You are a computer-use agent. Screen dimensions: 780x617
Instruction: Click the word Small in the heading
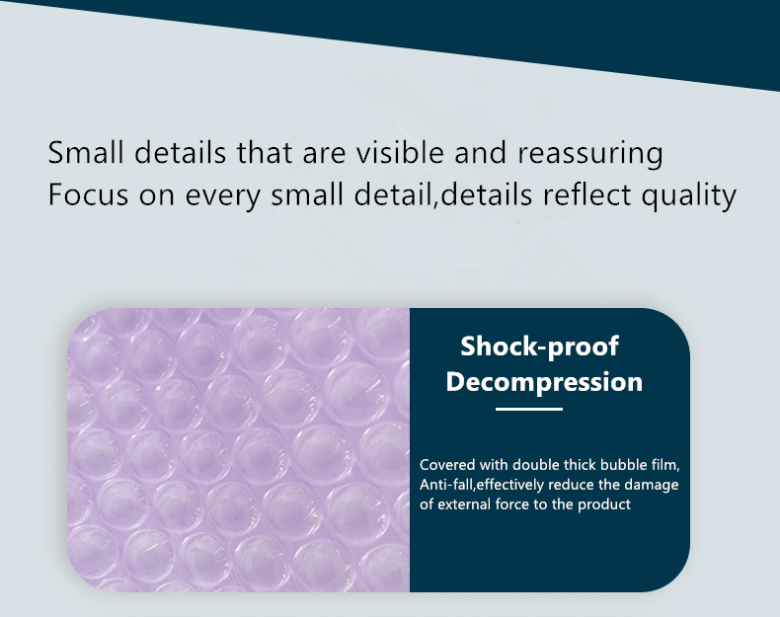(86, 152)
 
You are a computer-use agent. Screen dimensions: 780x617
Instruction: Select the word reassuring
(590, 154)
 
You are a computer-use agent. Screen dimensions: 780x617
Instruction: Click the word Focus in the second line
(88, 193)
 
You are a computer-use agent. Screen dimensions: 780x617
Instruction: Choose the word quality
(688, 195)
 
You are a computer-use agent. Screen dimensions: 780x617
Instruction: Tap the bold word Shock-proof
(540, 347)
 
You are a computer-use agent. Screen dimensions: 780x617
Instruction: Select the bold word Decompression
(544, 382)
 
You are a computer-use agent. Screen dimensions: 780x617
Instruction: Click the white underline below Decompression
(529, 409)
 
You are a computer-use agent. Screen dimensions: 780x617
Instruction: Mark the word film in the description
(665, 465)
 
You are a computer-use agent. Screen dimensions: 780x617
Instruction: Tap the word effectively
(510, 485)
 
